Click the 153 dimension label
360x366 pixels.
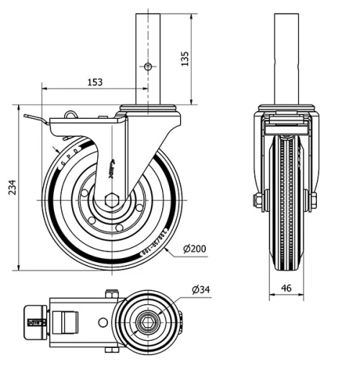pos(94,81)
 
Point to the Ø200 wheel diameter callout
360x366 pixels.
pos(195,249)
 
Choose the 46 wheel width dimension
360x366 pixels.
pos(287,287)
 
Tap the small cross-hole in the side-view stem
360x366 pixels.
pos(148,67)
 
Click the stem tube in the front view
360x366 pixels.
pos(287,58)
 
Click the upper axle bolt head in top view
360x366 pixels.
pos(110,293)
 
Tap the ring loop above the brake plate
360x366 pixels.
pos(71,114)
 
